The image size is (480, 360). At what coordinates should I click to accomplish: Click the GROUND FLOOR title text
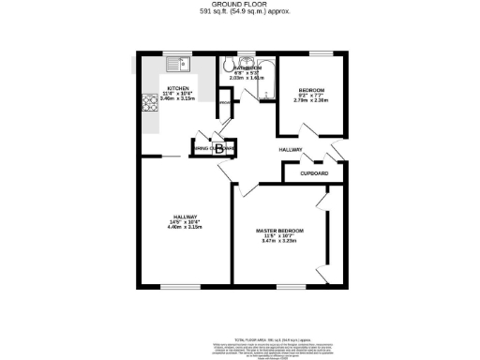point(239,5)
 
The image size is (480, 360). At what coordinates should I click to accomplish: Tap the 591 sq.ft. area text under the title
point(239,12)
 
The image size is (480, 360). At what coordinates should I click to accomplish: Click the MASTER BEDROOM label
point(279,230)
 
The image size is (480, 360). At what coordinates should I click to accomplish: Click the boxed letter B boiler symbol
point(219,148)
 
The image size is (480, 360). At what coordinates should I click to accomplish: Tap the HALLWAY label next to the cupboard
point(291,149)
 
